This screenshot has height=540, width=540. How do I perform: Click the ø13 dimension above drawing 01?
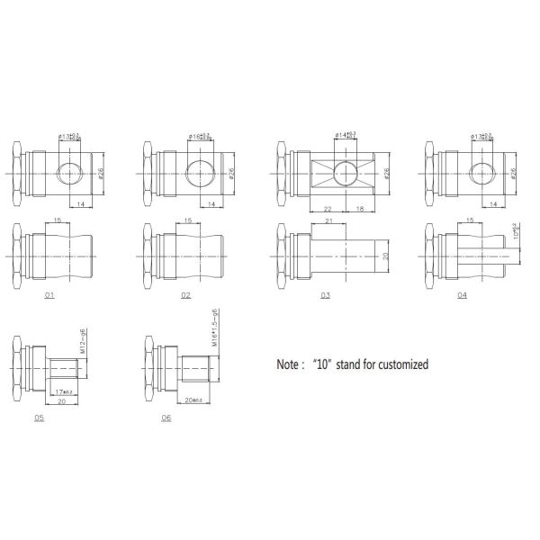(68, 136)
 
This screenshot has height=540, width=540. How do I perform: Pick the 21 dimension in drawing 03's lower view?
(329, 220)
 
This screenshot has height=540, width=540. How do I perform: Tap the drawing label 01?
(49, 294)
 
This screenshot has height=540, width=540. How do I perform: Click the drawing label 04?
(462, 294)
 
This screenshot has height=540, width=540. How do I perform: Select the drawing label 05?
(39, 418)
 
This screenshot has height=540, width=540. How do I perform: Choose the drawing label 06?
(166, 418)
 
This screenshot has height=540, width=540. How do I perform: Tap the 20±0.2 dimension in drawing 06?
(192, 397)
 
